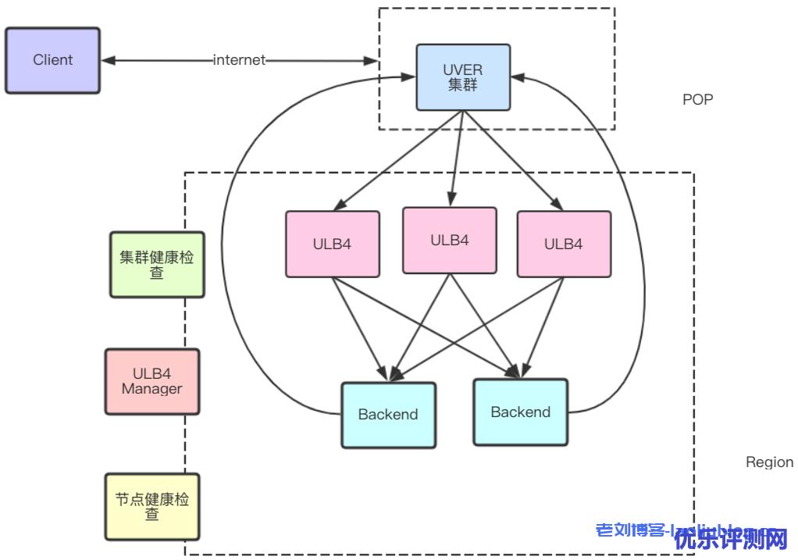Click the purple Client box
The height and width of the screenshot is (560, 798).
click(52, 60)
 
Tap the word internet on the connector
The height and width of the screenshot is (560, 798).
click(239, 60)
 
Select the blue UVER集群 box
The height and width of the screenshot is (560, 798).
click(462, 77)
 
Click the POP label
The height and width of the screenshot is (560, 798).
click(697, 99)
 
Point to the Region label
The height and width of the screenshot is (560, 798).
click(769, 462)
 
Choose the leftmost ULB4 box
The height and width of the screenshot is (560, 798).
click(332, 244)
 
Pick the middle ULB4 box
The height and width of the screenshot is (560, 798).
click(450, 240)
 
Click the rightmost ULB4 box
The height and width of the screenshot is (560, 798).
click(563, 244)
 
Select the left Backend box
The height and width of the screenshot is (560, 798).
click(388, 415)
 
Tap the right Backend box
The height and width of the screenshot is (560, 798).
click(520, 412)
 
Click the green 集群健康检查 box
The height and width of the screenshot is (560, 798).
click(157, 264)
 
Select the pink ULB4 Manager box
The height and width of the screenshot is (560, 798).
click(151, 381)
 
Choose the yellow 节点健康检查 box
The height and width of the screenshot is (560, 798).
click(152, 506)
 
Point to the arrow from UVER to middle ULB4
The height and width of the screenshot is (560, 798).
click(456, 156)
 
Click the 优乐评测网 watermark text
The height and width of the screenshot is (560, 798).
click(730, 539)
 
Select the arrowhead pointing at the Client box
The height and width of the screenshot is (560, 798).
click(109, 60)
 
